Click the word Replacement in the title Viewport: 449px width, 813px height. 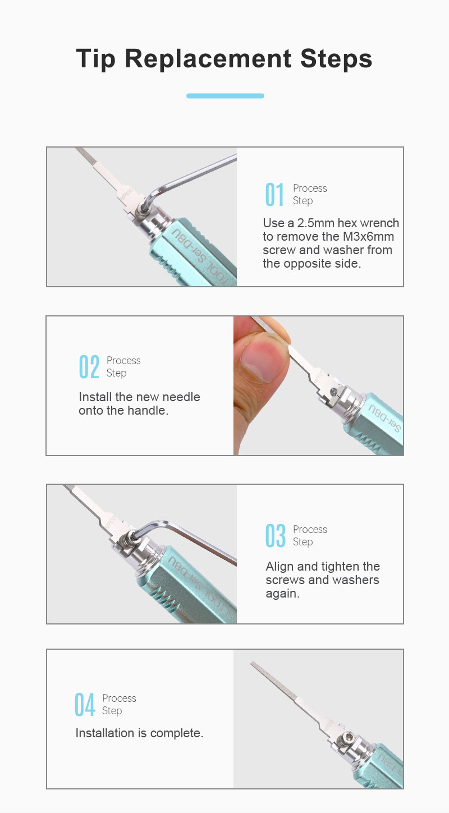coord(208,58)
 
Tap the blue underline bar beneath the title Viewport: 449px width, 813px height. coord(225,96)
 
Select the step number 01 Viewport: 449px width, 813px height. coord(274,195)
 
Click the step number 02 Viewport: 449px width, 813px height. coord(89,366)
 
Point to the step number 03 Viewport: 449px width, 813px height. coord(276,535)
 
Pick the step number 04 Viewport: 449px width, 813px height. coord(85,705)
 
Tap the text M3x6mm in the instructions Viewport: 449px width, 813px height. coord(368,237)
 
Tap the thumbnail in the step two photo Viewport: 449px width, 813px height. coord(263,360)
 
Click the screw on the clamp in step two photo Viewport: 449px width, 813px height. coord(333,391)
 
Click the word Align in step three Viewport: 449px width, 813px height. coord(280,567)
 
